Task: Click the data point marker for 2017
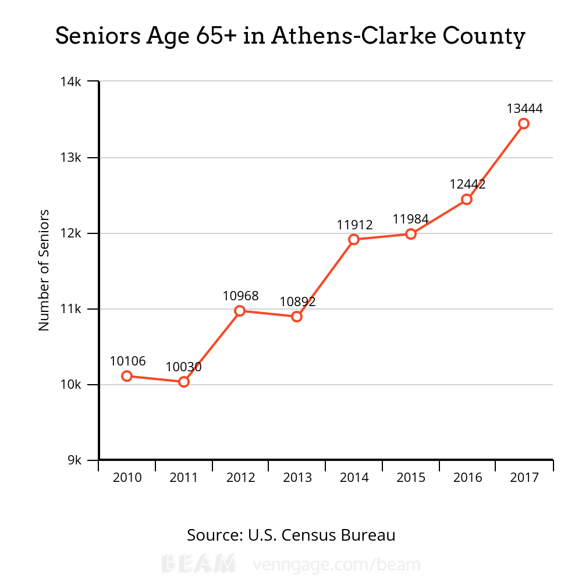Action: pyautogui.click(x=524, y=123)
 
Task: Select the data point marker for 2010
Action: pyautogui.click(x=127, y=376)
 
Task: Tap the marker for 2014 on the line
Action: pyautogui.click(x=354, y=239)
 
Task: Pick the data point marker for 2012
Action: pyautogui.click(x=240, y=311)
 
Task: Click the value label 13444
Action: pyautogui.click(x=524, y=108)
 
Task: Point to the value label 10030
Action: pyautogui.click(x=183, y=367)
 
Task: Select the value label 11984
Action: pyautogui.click(x=410, y=219)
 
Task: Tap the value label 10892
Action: pyautogui.click(x=297, y=302)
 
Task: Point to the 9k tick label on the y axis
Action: pyautogui.click(x=75, y=460)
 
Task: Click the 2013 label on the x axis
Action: pyautogui.click(x=297, y=478)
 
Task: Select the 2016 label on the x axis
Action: pyautogui.click(x=468, y=478)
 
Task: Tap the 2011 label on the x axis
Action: pyautogui.click(x=184, y=478)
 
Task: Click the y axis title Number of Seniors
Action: pyautogui.click(x=44, y=270)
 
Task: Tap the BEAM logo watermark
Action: pyautogui.click(x=198, y=564)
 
